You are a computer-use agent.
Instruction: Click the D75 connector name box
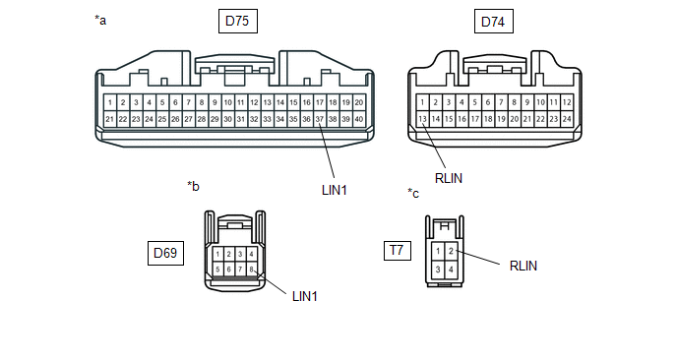pos(238,22)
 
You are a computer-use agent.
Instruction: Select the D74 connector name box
pos(494,22)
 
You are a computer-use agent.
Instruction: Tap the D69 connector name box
pos(165,253)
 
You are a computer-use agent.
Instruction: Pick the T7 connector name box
pos(398,251)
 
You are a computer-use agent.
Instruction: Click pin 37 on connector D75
pos(320,119)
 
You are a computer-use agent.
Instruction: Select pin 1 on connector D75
pos(110,102)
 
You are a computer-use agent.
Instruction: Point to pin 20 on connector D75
pos(359,102)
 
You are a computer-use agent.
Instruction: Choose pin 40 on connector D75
pos(359,119)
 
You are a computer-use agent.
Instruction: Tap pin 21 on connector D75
pos(110,119)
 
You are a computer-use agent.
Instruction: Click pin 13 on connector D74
pos(422,119)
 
